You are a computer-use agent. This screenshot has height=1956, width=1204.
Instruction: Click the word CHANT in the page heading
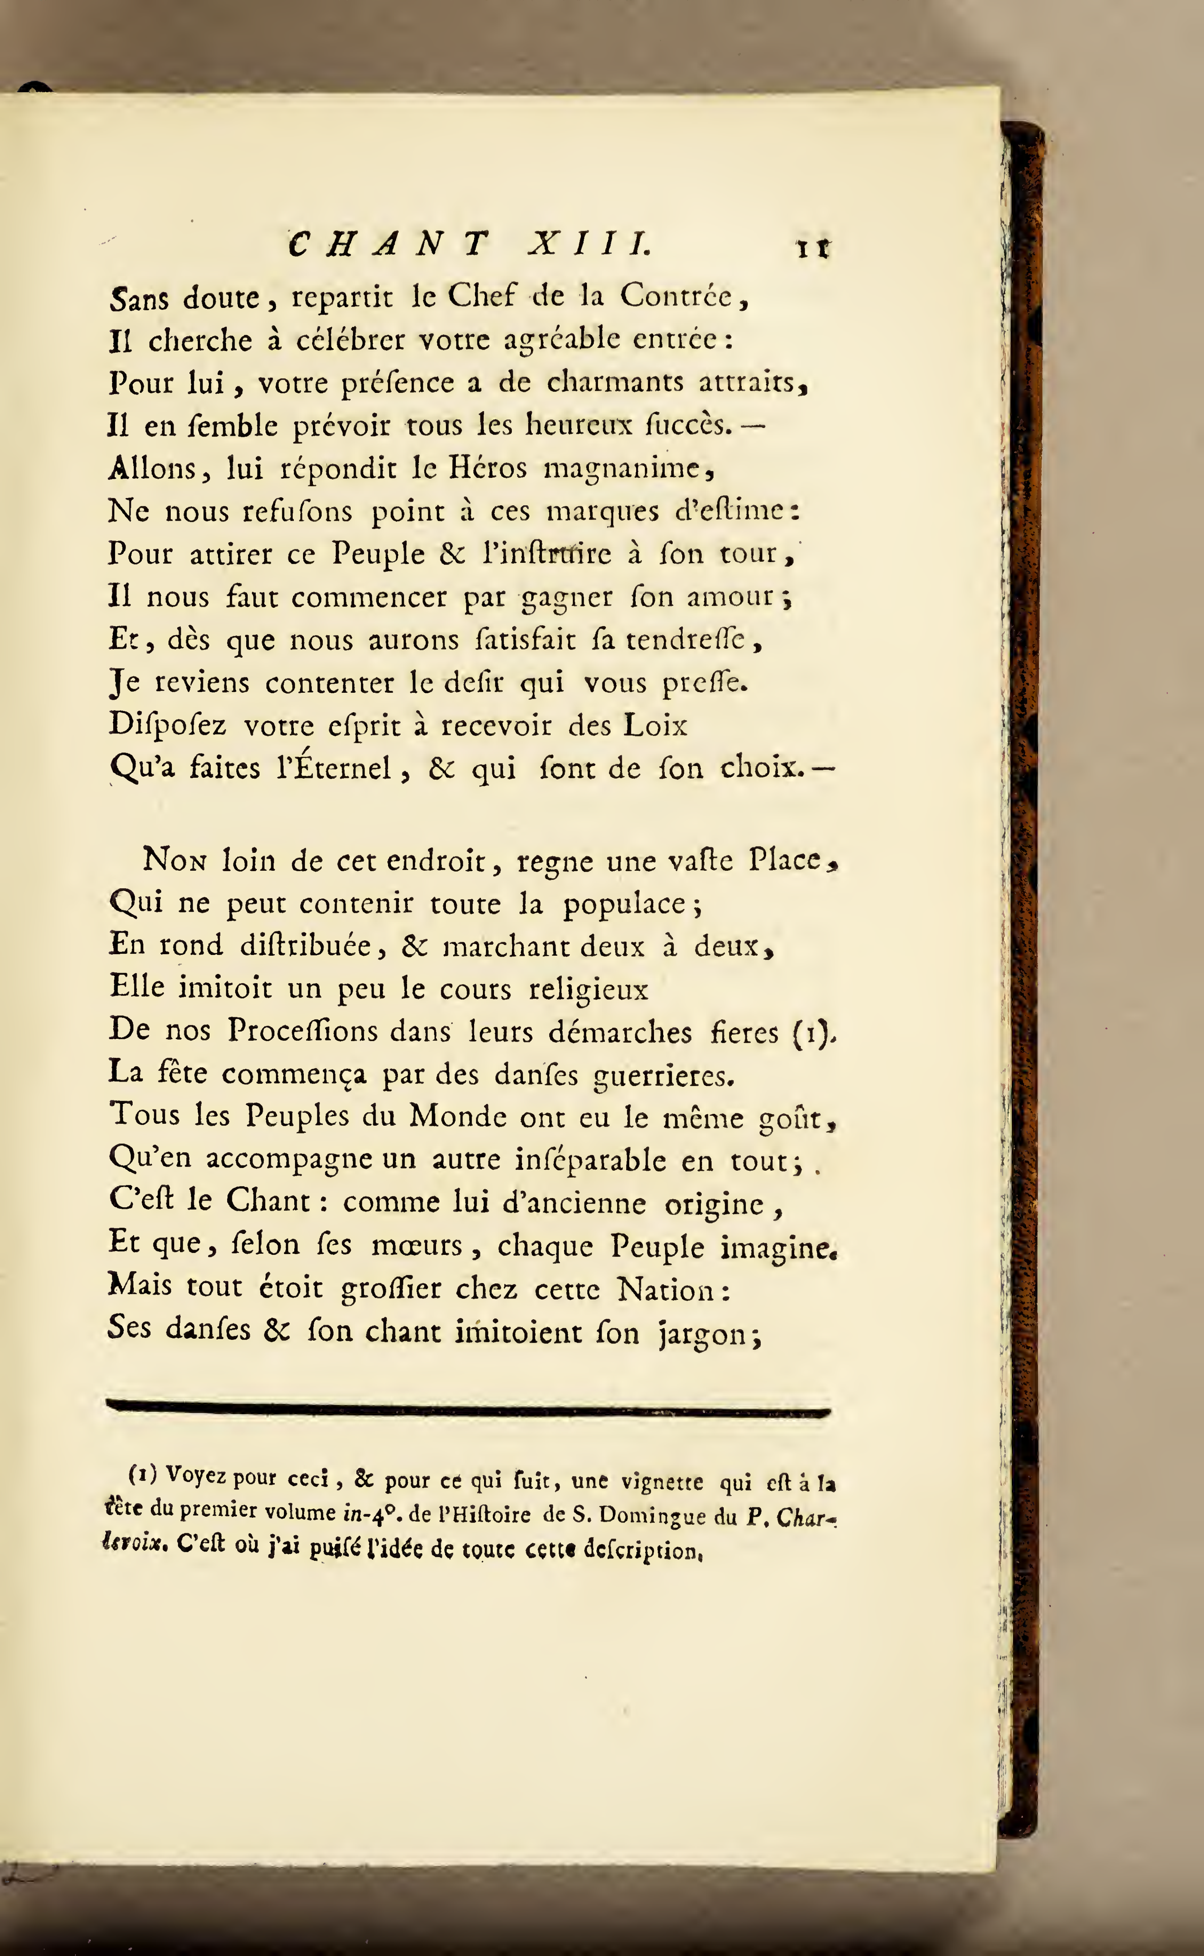[x=388, y=243]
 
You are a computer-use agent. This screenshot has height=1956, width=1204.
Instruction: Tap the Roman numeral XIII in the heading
[x=589, y=243]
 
